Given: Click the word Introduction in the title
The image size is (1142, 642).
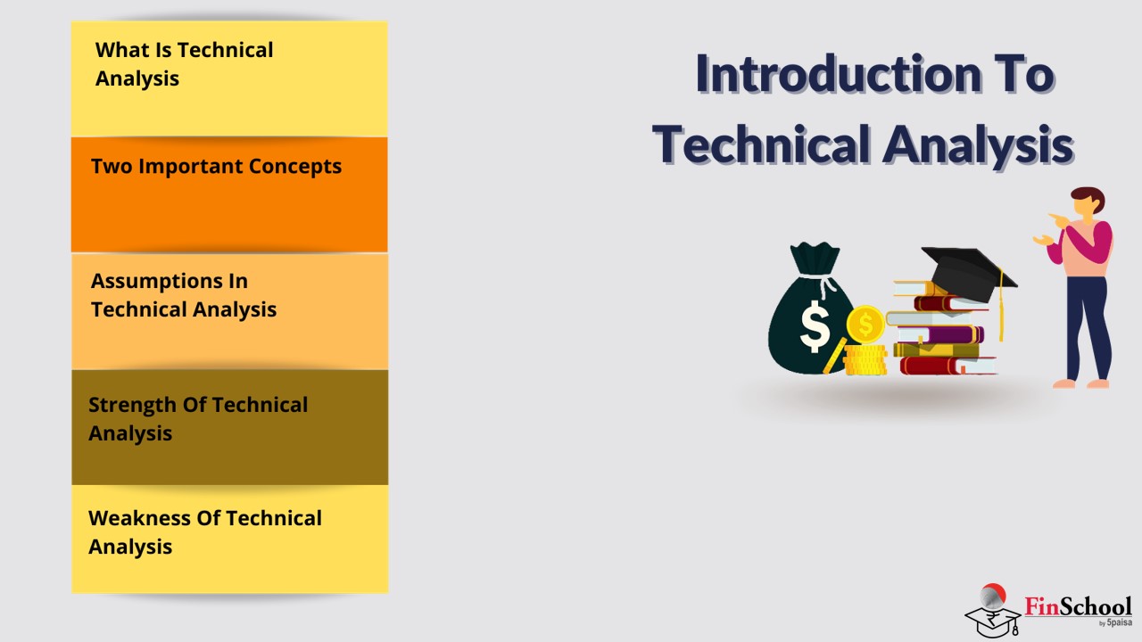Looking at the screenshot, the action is click(840, 74).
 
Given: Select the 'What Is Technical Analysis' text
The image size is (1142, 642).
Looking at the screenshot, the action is click(184, 64).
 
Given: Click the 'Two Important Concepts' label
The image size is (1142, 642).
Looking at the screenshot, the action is click(216, 167).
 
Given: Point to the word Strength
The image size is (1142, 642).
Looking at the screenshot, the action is click(132, 406).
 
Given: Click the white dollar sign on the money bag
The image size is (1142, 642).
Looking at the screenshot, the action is click(815, 326).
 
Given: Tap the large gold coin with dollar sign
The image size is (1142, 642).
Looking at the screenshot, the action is click(865, 324).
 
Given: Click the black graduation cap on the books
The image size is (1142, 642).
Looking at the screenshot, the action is click(966, 273).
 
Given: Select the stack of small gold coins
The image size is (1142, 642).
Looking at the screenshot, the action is click(865, 360).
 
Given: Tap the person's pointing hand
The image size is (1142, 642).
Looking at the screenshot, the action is click(1059, 220).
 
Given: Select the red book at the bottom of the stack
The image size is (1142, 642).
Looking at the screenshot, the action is click(948, 366).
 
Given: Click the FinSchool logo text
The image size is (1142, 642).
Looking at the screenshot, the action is click(1078, 606).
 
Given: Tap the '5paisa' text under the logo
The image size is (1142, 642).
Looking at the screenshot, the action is click(1119, 622).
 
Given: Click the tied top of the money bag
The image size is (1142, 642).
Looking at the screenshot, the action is click(815, 259).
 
